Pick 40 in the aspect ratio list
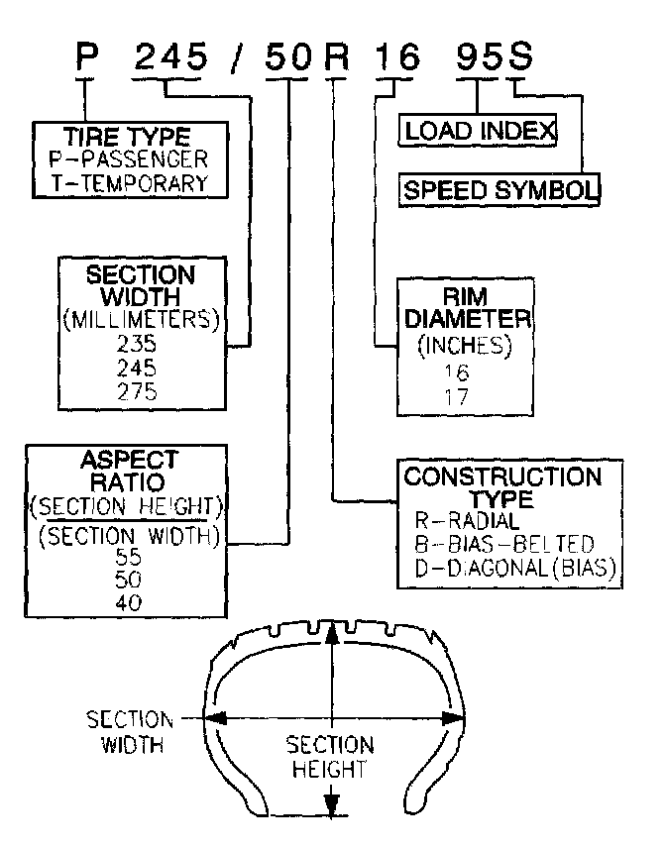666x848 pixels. click(128, 602)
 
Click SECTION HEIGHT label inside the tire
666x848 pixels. click(330, 756)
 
